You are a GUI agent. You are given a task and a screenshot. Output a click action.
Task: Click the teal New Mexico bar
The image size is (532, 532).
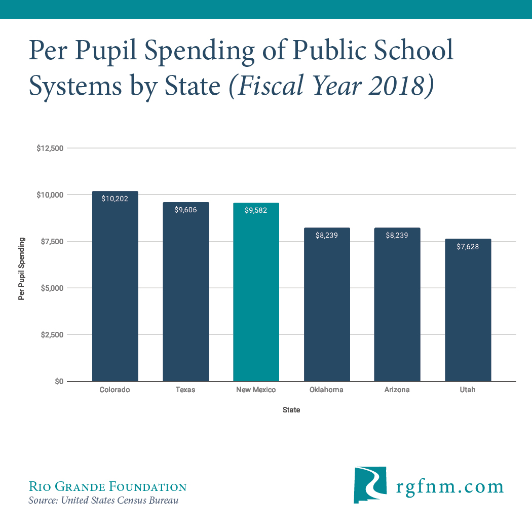pos(256,294)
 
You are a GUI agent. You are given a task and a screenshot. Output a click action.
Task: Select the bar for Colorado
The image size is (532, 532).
pos(115,289)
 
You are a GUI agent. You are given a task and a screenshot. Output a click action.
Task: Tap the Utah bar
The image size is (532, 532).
pos(468,312)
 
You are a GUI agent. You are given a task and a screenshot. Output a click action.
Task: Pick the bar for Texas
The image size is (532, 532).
pos(185,294)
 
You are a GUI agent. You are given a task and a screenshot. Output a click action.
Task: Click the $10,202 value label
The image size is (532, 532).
pos(115,199)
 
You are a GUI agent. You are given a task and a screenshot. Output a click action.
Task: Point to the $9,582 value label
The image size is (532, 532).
pos(256,210)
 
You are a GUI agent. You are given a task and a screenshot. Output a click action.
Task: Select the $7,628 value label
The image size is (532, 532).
pos(468,247)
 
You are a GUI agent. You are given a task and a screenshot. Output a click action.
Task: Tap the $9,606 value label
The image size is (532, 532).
pos(185,210)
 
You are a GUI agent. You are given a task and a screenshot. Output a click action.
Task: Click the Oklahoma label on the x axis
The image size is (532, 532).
pos(326,390)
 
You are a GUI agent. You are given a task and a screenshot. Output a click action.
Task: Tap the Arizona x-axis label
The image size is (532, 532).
pos(397,390)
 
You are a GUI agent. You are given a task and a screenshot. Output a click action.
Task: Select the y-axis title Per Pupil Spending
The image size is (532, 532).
pos(22,269)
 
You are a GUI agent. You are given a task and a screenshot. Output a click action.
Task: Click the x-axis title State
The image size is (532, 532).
pos(291,410)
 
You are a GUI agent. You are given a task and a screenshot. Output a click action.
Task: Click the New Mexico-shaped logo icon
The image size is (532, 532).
pos(370,485)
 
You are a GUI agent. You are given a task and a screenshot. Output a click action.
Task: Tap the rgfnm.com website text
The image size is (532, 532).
pos(449,486)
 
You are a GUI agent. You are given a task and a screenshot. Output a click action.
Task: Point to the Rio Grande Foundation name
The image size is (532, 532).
pos(107,487)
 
